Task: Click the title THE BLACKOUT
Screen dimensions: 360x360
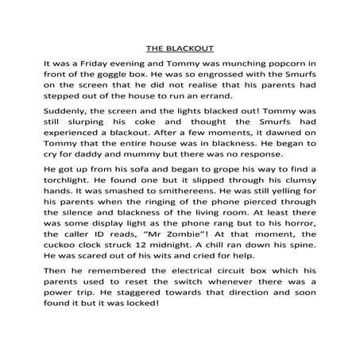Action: (x=179, y=47)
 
